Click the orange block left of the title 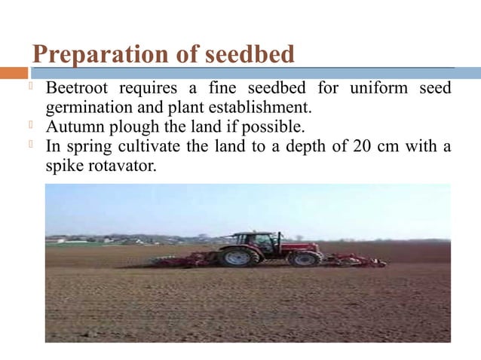14,73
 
